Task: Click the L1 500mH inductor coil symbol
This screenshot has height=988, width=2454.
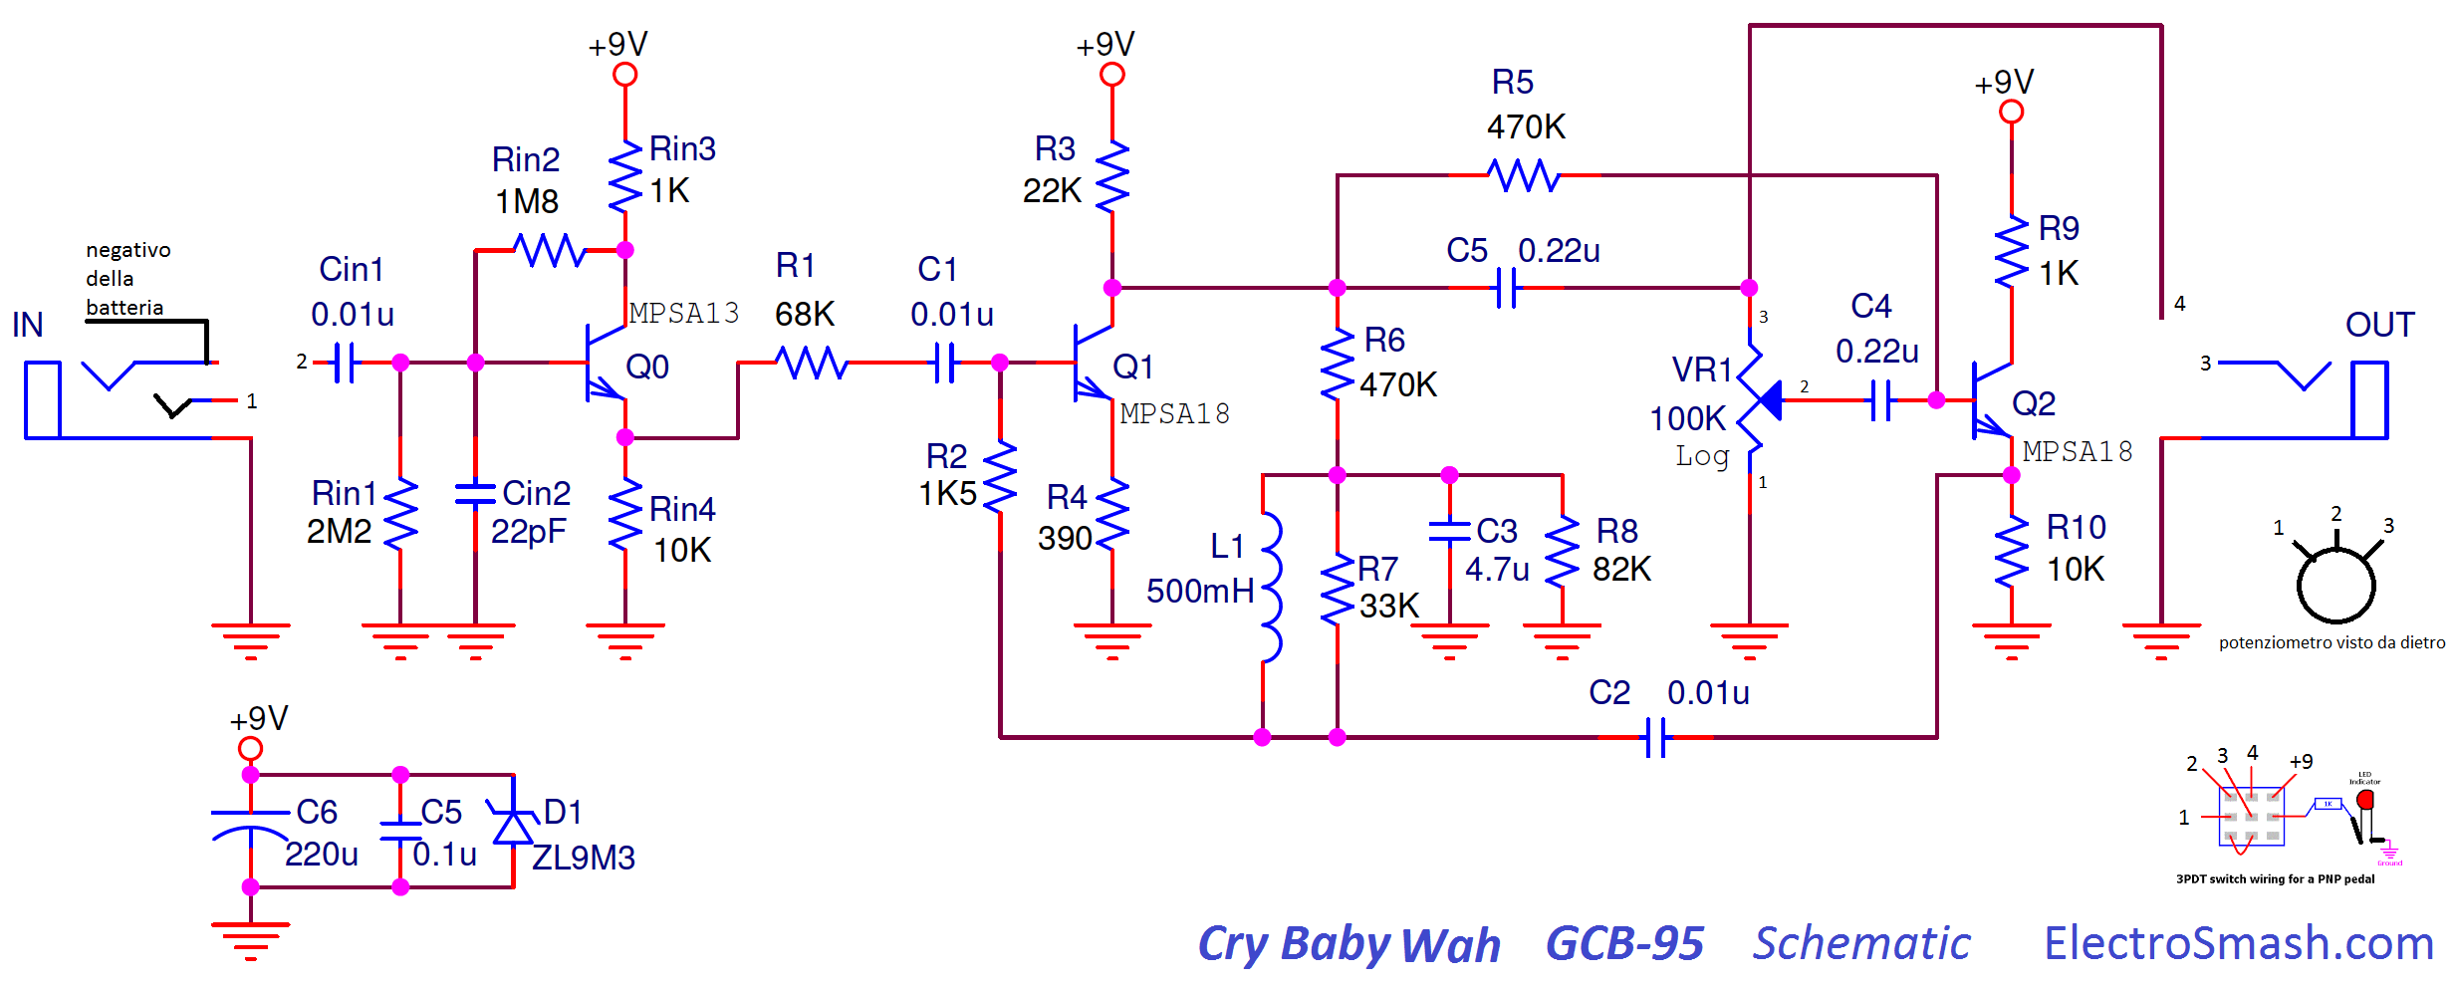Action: pos(1271,588)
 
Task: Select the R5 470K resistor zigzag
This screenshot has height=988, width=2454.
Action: pos(1524,175)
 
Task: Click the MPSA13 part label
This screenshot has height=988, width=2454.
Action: pos(684,314)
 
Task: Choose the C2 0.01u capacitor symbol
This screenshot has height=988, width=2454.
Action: pos(1655,738)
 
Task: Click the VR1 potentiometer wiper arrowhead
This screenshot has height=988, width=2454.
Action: pos(1769,400)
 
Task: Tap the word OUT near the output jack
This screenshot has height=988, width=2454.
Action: pos(2379,325)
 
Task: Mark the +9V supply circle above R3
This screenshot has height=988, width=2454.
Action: pos(1112,75)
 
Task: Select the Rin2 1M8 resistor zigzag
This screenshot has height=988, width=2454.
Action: pos(549,250)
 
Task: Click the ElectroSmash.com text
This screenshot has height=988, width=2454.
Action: pos(2239,943)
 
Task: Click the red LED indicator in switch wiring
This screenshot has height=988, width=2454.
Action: pos(2366,800)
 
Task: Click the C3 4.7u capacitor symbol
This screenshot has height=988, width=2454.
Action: pos(1449,531)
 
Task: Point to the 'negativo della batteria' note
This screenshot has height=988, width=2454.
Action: pos(128,279)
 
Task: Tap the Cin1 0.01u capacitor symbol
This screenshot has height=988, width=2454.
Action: pos(345,363)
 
